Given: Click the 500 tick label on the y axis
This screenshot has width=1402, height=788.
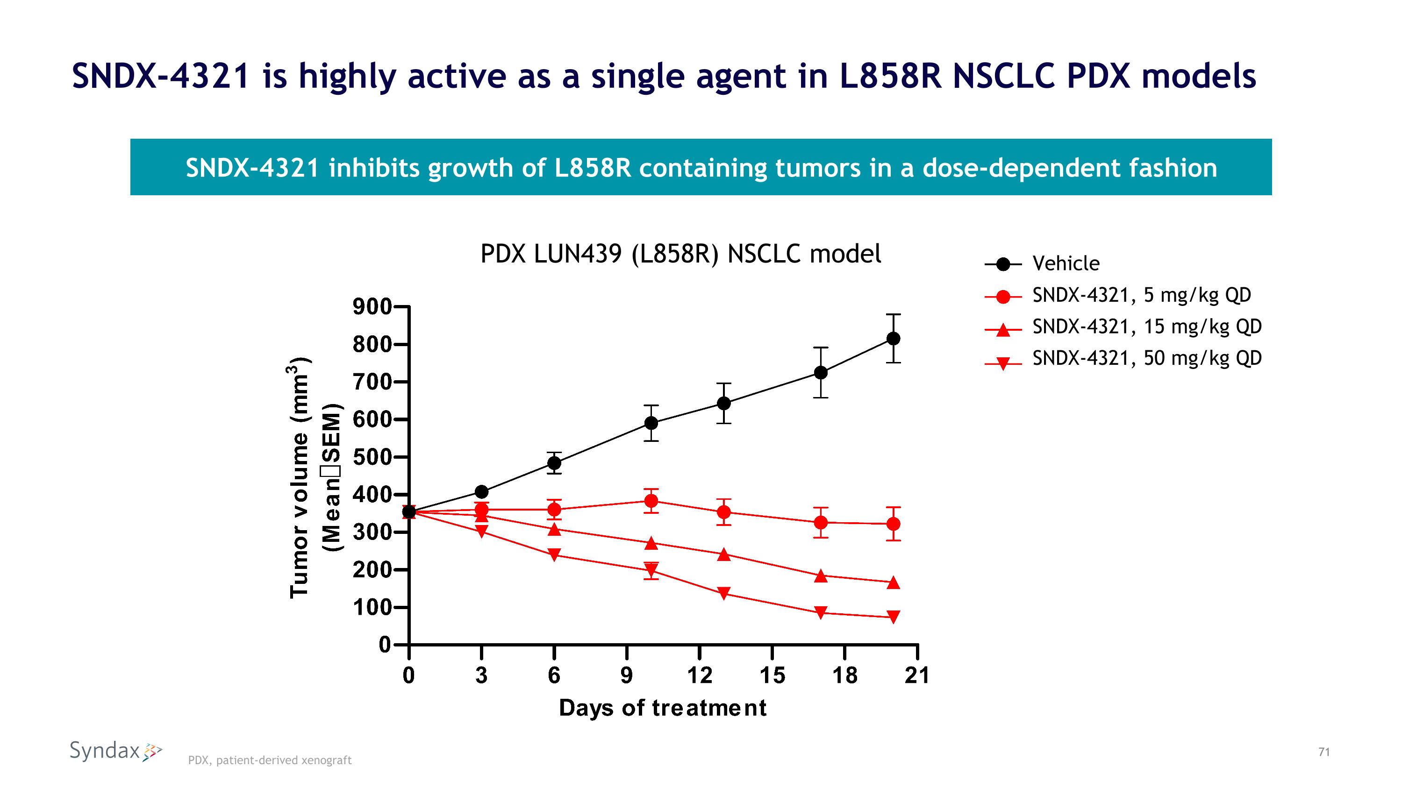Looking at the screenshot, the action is pos(372,457).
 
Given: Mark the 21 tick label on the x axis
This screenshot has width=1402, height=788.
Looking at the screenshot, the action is pos(917,675).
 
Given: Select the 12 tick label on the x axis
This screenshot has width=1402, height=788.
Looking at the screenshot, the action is pos(700,675).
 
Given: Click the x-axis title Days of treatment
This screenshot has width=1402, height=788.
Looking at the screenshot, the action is pos(662,708).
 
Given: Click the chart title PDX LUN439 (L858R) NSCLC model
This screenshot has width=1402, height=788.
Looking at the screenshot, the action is pos(680,254).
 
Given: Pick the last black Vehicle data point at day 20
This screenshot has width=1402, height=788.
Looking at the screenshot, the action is pos(893,339).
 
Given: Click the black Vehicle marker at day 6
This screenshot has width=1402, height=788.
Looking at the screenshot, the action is pos(554,463).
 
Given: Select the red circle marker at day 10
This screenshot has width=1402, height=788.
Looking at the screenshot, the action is pos(651,501).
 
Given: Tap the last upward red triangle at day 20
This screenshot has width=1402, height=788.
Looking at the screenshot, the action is pos(893,582).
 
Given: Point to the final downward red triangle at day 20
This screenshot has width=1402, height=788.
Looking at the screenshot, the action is pos(893,617).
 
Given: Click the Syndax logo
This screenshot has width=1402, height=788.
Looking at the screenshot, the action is pos(116,751).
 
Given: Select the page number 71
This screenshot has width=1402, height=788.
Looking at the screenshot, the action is pos(1324,752).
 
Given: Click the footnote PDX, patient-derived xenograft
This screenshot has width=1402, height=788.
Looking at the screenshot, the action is pos(270,760).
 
